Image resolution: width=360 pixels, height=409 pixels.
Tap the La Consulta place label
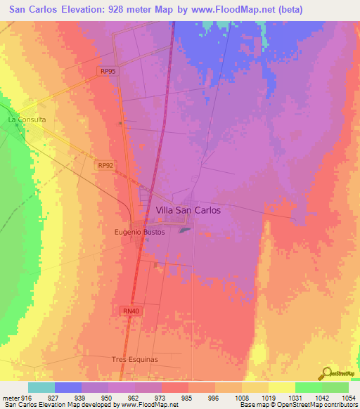[x=27, y=119]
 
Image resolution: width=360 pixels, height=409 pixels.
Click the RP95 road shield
[x=107, y=71]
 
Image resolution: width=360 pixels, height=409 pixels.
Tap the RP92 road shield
[x=105, y=165]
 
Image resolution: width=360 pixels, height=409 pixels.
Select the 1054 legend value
[x=348, y=396]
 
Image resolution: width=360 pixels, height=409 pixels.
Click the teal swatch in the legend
[x=41, y=387]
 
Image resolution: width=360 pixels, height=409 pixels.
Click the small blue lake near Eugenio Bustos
[x=184, y=229]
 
